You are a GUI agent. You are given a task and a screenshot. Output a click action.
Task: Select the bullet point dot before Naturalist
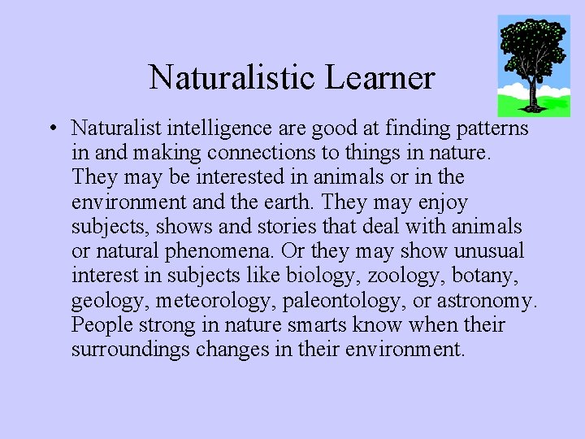51,128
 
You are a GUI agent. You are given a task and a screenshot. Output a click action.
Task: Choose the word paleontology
343,301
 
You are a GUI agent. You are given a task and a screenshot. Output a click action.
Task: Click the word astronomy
486,301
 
